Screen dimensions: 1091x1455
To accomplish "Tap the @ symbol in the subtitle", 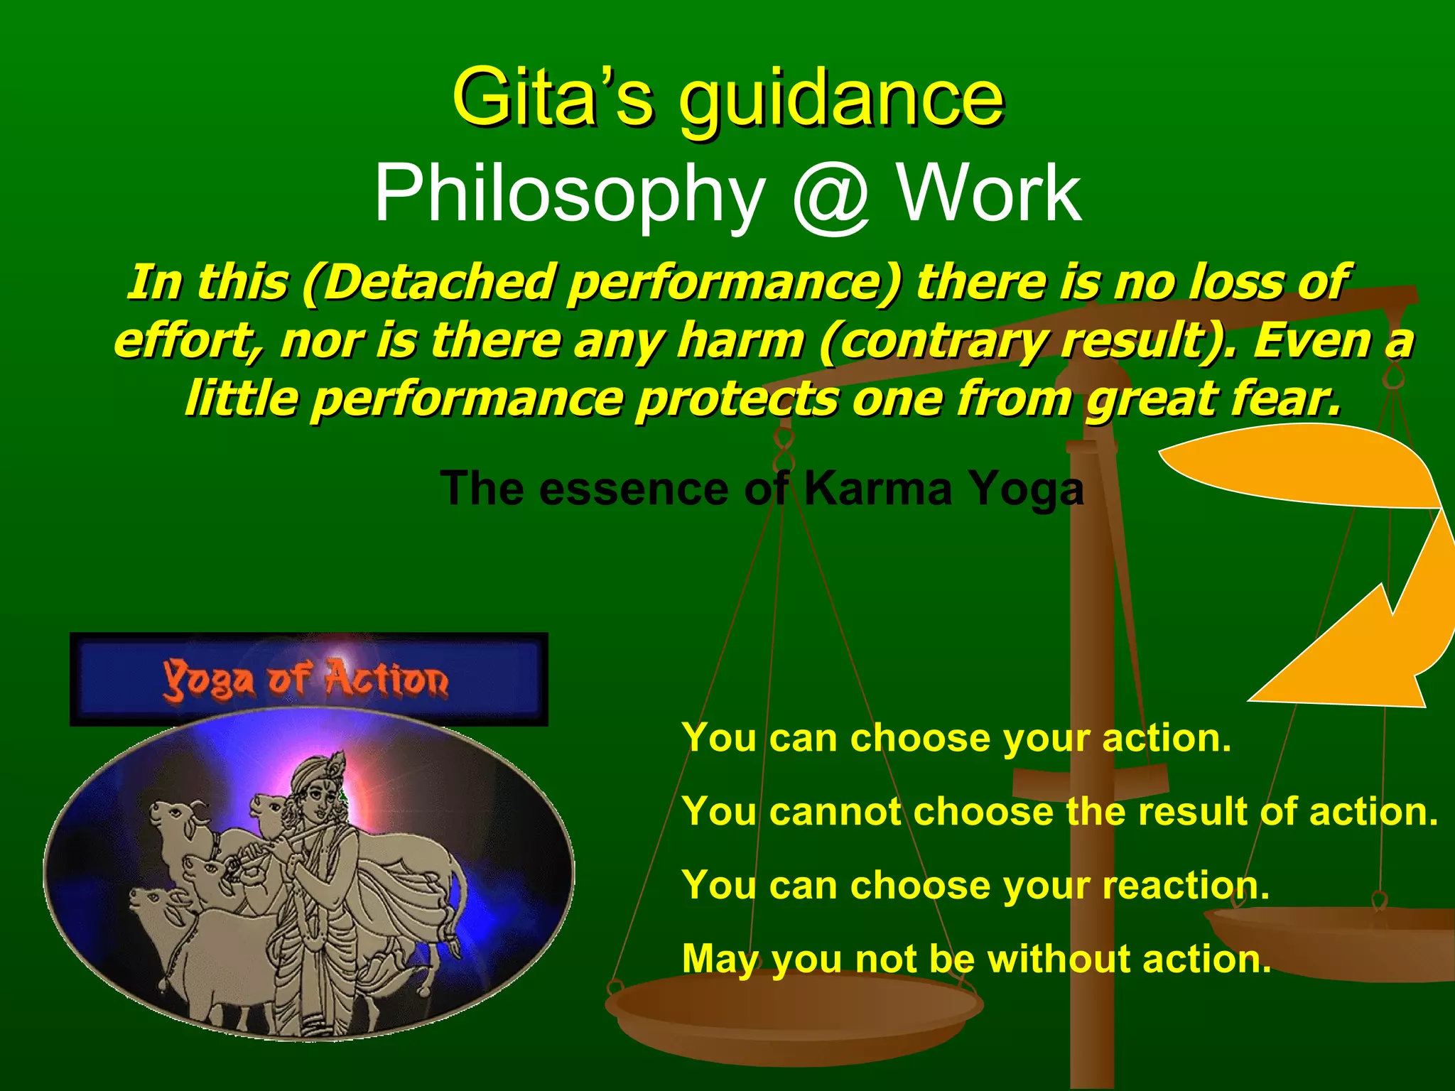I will click(830, 193).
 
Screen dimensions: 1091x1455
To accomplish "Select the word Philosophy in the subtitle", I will click(569, 193).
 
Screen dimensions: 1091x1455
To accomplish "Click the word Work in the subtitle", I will click(990, 193).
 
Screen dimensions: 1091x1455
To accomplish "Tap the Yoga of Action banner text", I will click(306, 680).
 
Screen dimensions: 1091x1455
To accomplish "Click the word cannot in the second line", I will click(835, 811).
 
